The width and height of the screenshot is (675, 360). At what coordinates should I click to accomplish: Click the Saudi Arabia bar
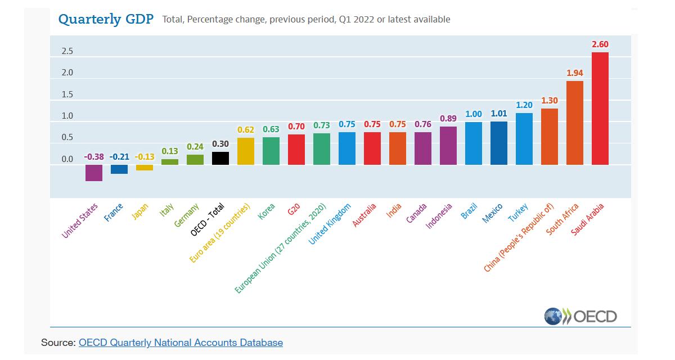[600, 109]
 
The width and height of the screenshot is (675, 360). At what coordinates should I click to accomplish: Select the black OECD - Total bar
[220, 158]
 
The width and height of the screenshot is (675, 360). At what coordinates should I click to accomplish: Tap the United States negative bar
[94, 173]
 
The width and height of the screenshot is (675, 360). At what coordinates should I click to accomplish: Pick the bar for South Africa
[575, 123]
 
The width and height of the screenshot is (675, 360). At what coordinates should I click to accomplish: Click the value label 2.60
[600, 44]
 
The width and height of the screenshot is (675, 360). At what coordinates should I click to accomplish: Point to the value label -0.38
[93, 157]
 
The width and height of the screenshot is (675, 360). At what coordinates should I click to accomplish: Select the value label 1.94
[575, 73]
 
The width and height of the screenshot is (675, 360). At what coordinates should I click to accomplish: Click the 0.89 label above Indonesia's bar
[448, 119]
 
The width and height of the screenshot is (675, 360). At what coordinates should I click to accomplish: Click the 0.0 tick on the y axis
[67, 160]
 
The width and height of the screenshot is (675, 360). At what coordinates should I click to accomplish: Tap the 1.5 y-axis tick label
[67, 94]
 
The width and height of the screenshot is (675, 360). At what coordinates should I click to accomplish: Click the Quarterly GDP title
[106, 19]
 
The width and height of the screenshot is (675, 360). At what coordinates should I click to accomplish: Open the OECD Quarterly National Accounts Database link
[181, 342]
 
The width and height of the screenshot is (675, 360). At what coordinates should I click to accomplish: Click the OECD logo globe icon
[553, 316]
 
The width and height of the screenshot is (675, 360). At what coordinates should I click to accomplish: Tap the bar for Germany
[195, 160]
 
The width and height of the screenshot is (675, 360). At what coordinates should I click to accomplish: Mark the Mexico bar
[499, 143]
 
